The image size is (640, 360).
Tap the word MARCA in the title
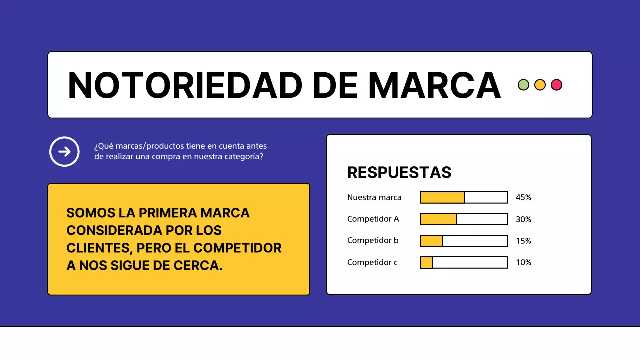click(x=434, y=85)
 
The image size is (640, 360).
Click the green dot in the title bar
click(x=523, y=85)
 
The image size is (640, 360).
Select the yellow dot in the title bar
click(x=540, y=85)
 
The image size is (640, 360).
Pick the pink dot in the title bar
click(x=556, y=85)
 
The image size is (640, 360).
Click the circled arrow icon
click(x=64, y=151)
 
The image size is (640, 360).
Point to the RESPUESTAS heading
click(x=399, y=172)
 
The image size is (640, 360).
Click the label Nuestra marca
click(x=374, y=197)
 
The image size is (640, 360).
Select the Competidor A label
click(x=373, y=219)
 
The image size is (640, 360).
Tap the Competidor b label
click(x=373, y=240)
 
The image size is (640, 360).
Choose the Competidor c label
click(x=372, y=262)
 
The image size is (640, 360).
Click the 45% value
click(x=523, y=197)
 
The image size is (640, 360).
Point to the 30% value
click(x=523, y=219)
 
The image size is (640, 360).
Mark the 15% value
click(x=523, y=241)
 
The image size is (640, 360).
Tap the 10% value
click(x=523, y=262)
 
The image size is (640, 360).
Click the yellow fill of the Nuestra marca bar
click(x=442, y=197)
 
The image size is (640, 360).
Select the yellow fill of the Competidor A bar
click(x=438, y=219)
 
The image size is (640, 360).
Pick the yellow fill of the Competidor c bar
click(x=426, y=262)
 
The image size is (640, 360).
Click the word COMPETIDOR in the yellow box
click(x=237, y=248)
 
